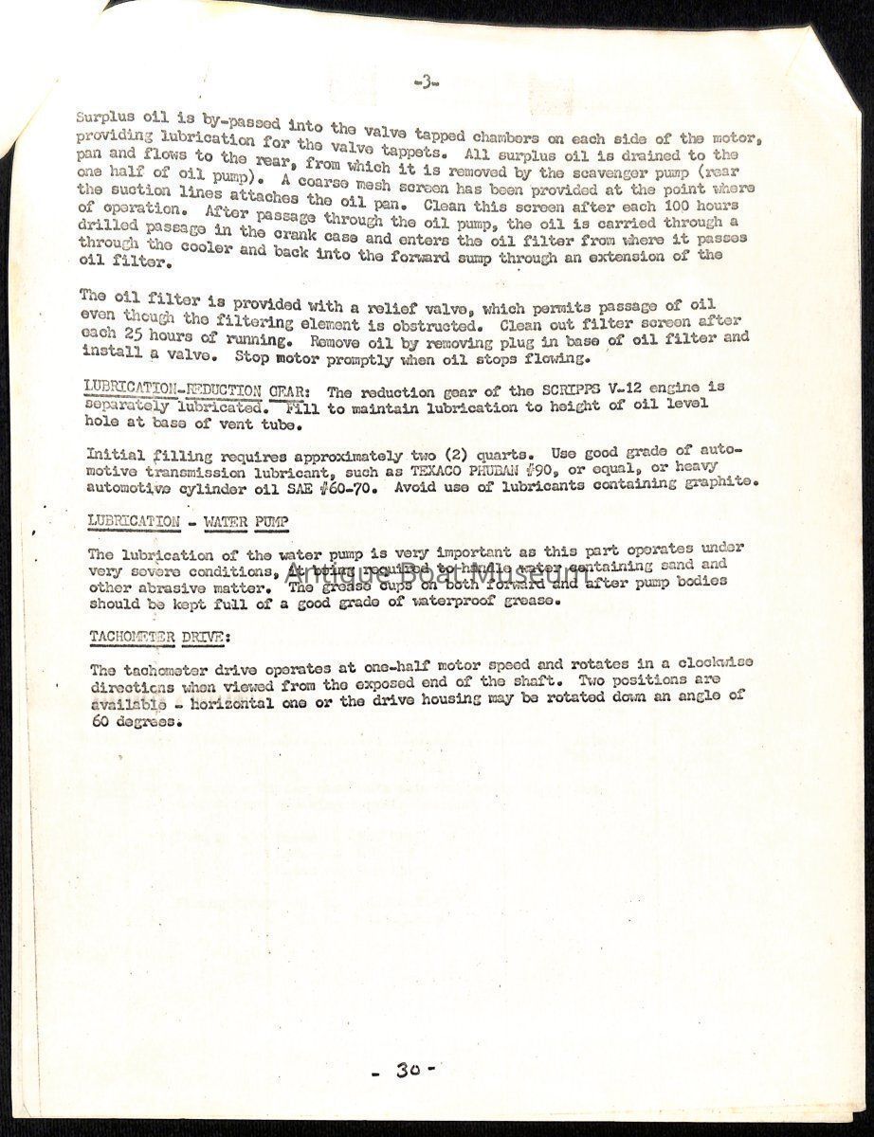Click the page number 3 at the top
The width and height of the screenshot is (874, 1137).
(425, 83)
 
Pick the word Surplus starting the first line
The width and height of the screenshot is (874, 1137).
(105, 120)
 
